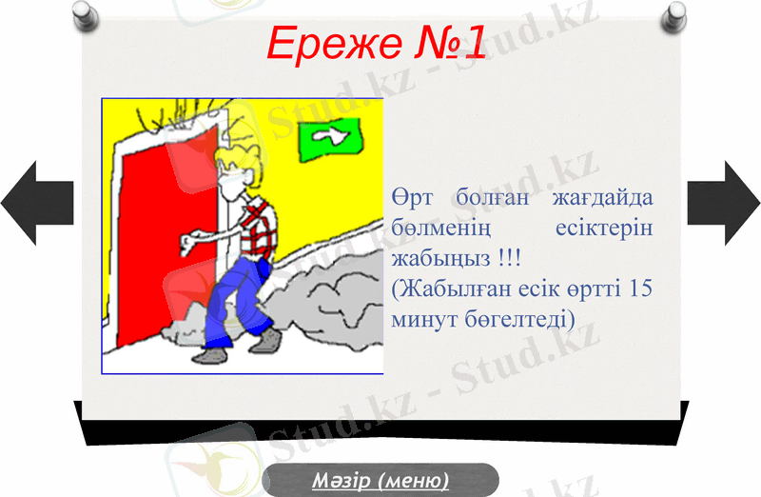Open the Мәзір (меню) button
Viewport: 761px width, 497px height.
click(380, 480)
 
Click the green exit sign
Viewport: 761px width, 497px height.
click(332, 139)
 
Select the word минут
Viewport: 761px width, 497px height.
click(424, 316)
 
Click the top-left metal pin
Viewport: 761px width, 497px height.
click(83, 12)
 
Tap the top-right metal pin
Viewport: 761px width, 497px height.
click(676, 12)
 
